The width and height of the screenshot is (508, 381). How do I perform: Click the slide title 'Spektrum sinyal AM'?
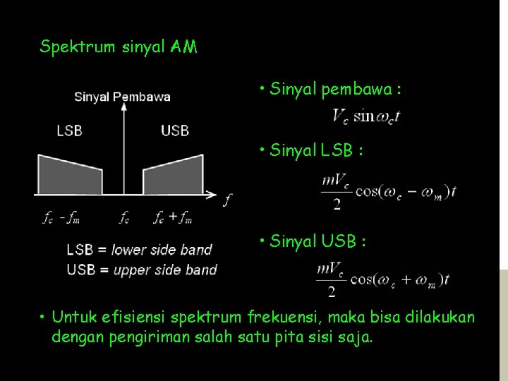(x=119, y=47)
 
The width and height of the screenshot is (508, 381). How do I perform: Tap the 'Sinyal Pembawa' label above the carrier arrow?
(x=122, y=97)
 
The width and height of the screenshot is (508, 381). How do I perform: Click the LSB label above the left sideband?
(x=69, y=131)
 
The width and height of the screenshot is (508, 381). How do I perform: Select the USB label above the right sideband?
(x=174, y=131)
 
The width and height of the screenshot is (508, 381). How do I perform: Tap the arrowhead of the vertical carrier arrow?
(x=125, y=107)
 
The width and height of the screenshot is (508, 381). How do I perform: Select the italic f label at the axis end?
(x=226, y=201)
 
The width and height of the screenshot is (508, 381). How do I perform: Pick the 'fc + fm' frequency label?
(x=174, y=218)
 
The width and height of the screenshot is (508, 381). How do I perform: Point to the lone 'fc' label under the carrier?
(x=124, y=218)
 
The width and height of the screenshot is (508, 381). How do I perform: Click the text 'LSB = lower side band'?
(x=139, y=249)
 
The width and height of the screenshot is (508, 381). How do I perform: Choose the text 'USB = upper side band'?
(x=142, y=270)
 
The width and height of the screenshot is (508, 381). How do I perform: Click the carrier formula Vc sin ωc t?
(x=366, y=116)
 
